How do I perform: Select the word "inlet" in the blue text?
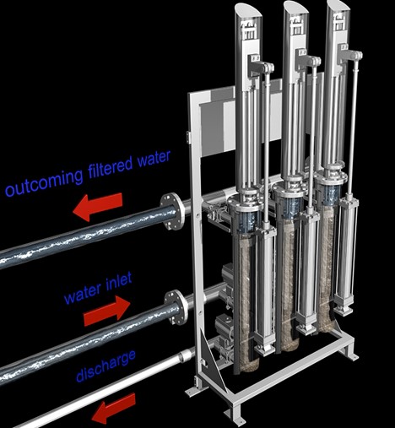point(119,283)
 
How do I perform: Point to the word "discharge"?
point(106,366)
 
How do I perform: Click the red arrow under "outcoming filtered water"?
point(98,207)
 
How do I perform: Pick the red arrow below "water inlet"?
point(107,312)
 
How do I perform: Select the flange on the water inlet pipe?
point(176,307)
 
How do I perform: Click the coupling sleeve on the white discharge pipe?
point(184,355)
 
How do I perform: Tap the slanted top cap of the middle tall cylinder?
point(295,8)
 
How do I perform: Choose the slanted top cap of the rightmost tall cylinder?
point(338,7)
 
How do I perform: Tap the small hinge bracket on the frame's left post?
point(188,137)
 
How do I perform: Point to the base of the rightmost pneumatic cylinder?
point(344,308)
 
